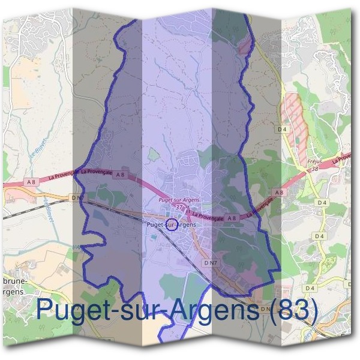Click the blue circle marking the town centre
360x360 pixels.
[x=171, y=225]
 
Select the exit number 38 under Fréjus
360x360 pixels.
[x=314, y=169]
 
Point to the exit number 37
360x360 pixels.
[x=179, y=206]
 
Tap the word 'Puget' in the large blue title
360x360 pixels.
[x=74, y=310]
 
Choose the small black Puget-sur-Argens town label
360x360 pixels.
[x=171, y=224]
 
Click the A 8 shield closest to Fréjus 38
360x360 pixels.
[x=278, y=192]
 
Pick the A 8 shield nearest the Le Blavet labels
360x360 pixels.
[x=32, y=181]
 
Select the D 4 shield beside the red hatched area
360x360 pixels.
[x=283, y=128]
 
